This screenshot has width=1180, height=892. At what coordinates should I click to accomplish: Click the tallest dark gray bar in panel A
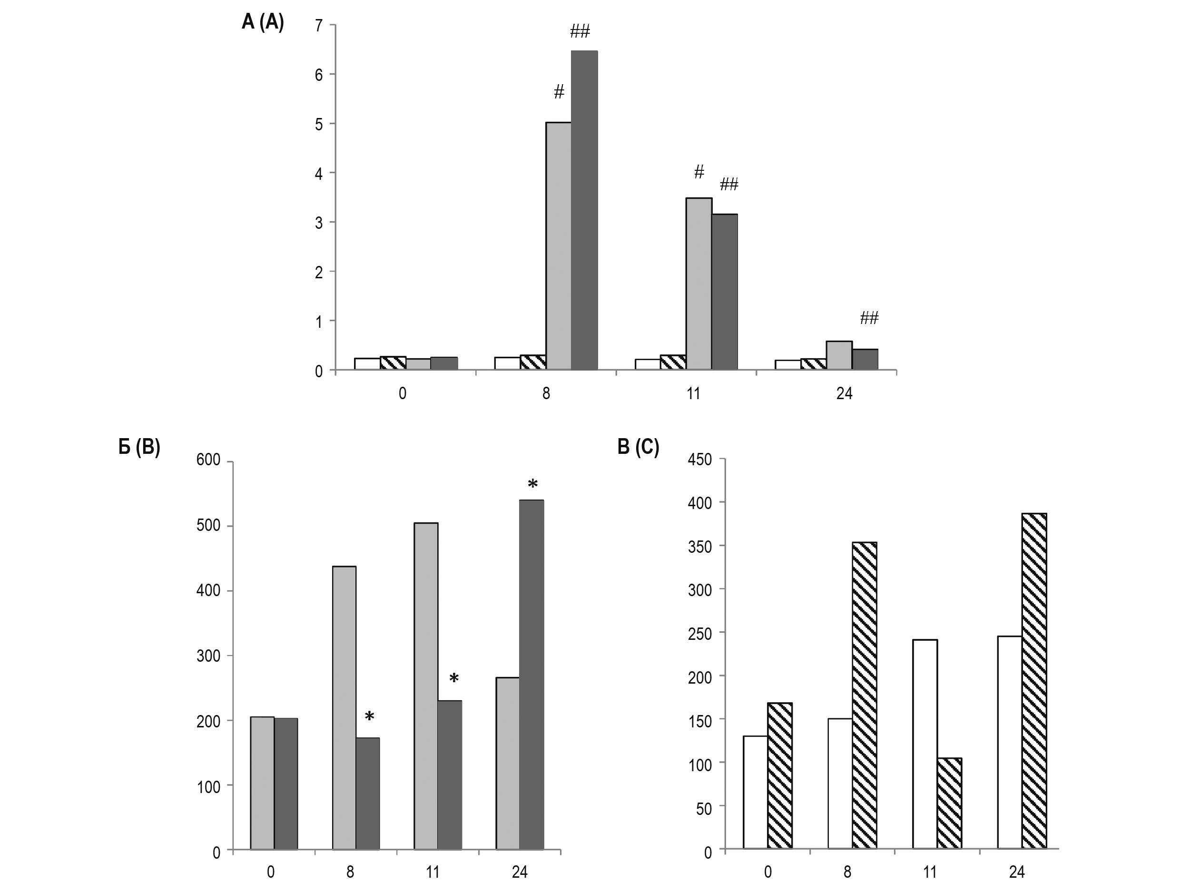click(584, 210)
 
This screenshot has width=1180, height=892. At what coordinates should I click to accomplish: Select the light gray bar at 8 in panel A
click(559, 246)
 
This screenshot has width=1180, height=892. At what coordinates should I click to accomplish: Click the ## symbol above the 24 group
click(869, 318)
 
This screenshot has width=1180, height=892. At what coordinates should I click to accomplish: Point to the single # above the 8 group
click(559, 92)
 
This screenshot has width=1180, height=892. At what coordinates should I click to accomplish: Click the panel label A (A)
click(263, 22)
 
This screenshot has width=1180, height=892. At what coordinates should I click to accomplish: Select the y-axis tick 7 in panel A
click(319, 25)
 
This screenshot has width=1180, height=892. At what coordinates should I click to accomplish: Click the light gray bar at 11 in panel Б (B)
click(426, 686)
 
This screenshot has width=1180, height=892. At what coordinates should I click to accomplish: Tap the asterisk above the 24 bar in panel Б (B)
click(532, 485)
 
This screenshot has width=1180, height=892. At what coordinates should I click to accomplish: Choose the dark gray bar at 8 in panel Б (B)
click(367, 794)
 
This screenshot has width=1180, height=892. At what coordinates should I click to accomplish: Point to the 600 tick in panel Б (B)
click(208, 460)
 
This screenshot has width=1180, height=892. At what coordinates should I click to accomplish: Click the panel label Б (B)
click(139, 447)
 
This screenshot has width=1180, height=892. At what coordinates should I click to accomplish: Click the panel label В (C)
click(638, 447)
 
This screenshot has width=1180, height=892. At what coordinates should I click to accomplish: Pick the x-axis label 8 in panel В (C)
click(847, 872)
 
